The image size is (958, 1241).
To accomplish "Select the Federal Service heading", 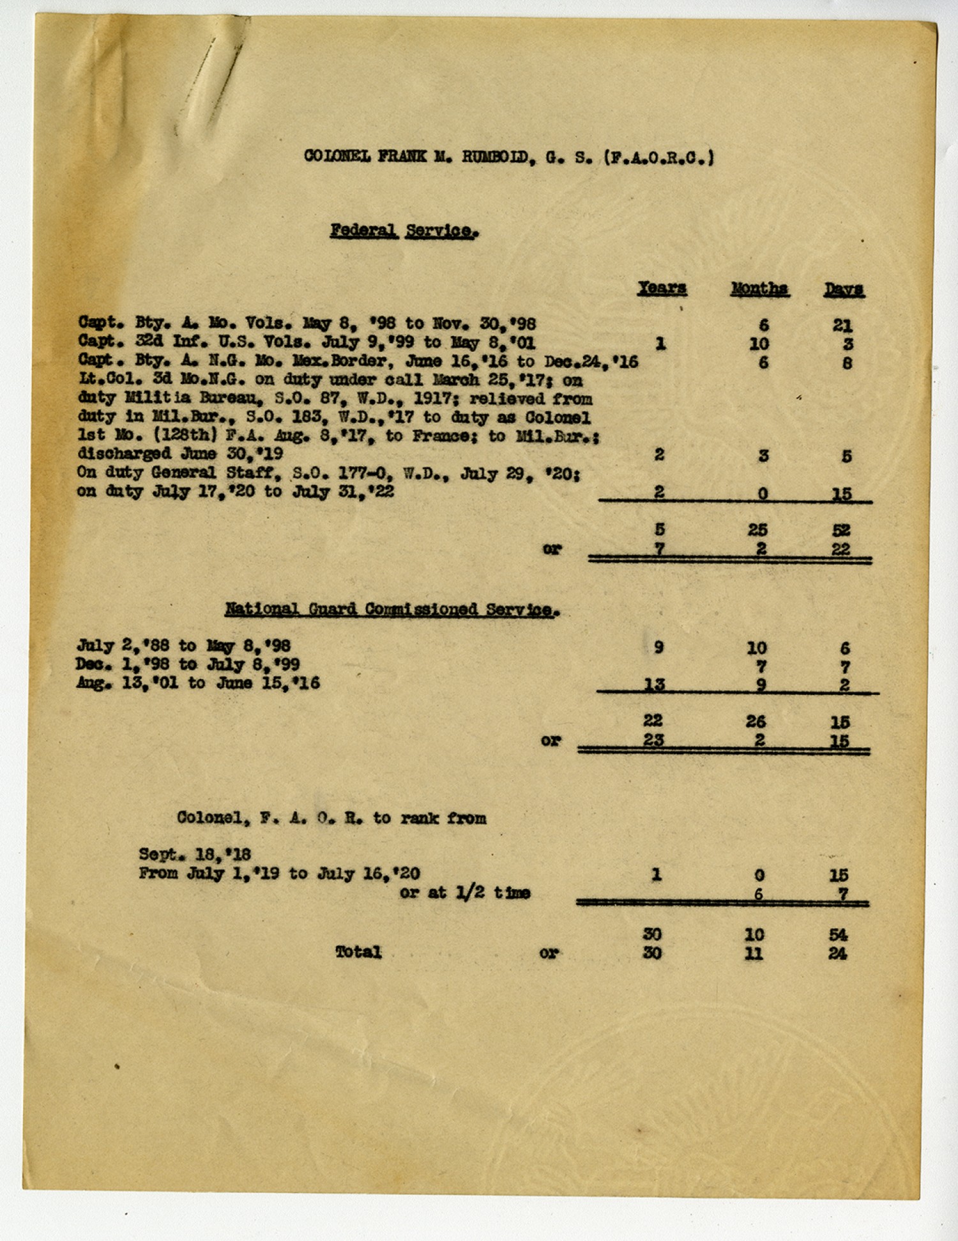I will tap(404, 231).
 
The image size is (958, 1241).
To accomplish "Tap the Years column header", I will tap(662, 289).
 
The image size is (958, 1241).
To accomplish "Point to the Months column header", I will tap(759, 289).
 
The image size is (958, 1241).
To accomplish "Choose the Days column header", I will tap(843, 290).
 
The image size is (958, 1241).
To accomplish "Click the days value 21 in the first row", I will tap(842, 326).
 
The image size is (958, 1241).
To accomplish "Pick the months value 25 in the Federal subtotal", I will tap(757, 530).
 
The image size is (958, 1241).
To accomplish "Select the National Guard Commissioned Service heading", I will tap(392, 609).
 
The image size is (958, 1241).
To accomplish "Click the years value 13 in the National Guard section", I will tap(654, 684).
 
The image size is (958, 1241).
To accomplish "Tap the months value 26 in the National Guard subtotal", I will tap(756, 722).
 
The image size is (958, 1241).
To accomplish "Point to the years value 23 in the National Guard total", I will tap(653, 740).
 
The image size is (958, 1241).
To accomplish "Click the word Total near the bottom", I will tap(358, 952).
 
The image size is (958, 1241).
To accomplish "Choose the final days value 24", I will tap(837, 954).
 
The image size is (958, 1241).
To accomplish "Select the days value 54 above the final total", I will tap(838, 935).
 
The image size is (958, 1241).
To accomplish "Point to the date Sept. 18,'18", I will tap(195, 855).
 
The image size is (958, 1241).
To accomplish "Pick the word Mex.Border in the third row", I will tap(338, 361).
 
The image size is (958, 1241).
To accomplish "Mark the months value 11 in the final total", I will tap(754, 954).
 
